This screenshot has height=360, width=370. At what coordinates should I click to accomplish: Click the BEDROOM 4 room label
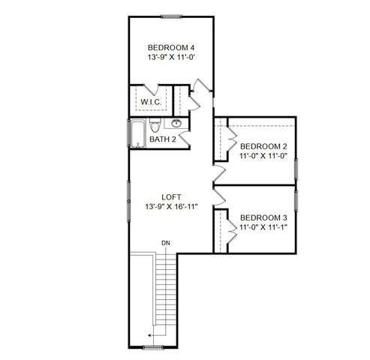[171, 47]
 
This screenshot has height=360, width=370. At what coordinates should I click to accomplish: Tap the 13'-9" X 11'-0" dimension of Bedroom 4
[171, 58]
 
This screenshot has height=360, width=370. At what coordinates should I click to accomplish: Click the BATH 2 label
[163, 139]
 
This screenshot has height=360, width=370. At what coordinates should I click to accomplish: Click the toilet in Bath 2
[154, 124]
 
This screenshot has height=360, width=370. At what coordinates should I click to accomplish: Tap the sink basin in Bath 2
[176, 123]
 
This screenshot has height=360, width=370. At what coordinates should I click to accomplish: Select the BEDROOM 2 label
[263, 146]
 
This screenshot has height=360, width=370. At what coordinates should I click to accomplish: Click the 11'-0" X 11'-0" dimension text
[263, 157]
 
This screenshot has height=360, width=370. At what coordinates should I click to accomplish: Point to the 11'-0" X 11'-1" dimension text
[263, 226]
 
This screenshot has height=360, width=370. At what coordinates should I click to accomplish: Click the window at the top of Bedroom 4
[172, 15]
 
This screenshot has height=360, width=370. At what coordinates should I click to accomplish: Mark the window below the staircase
[153, 348]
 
